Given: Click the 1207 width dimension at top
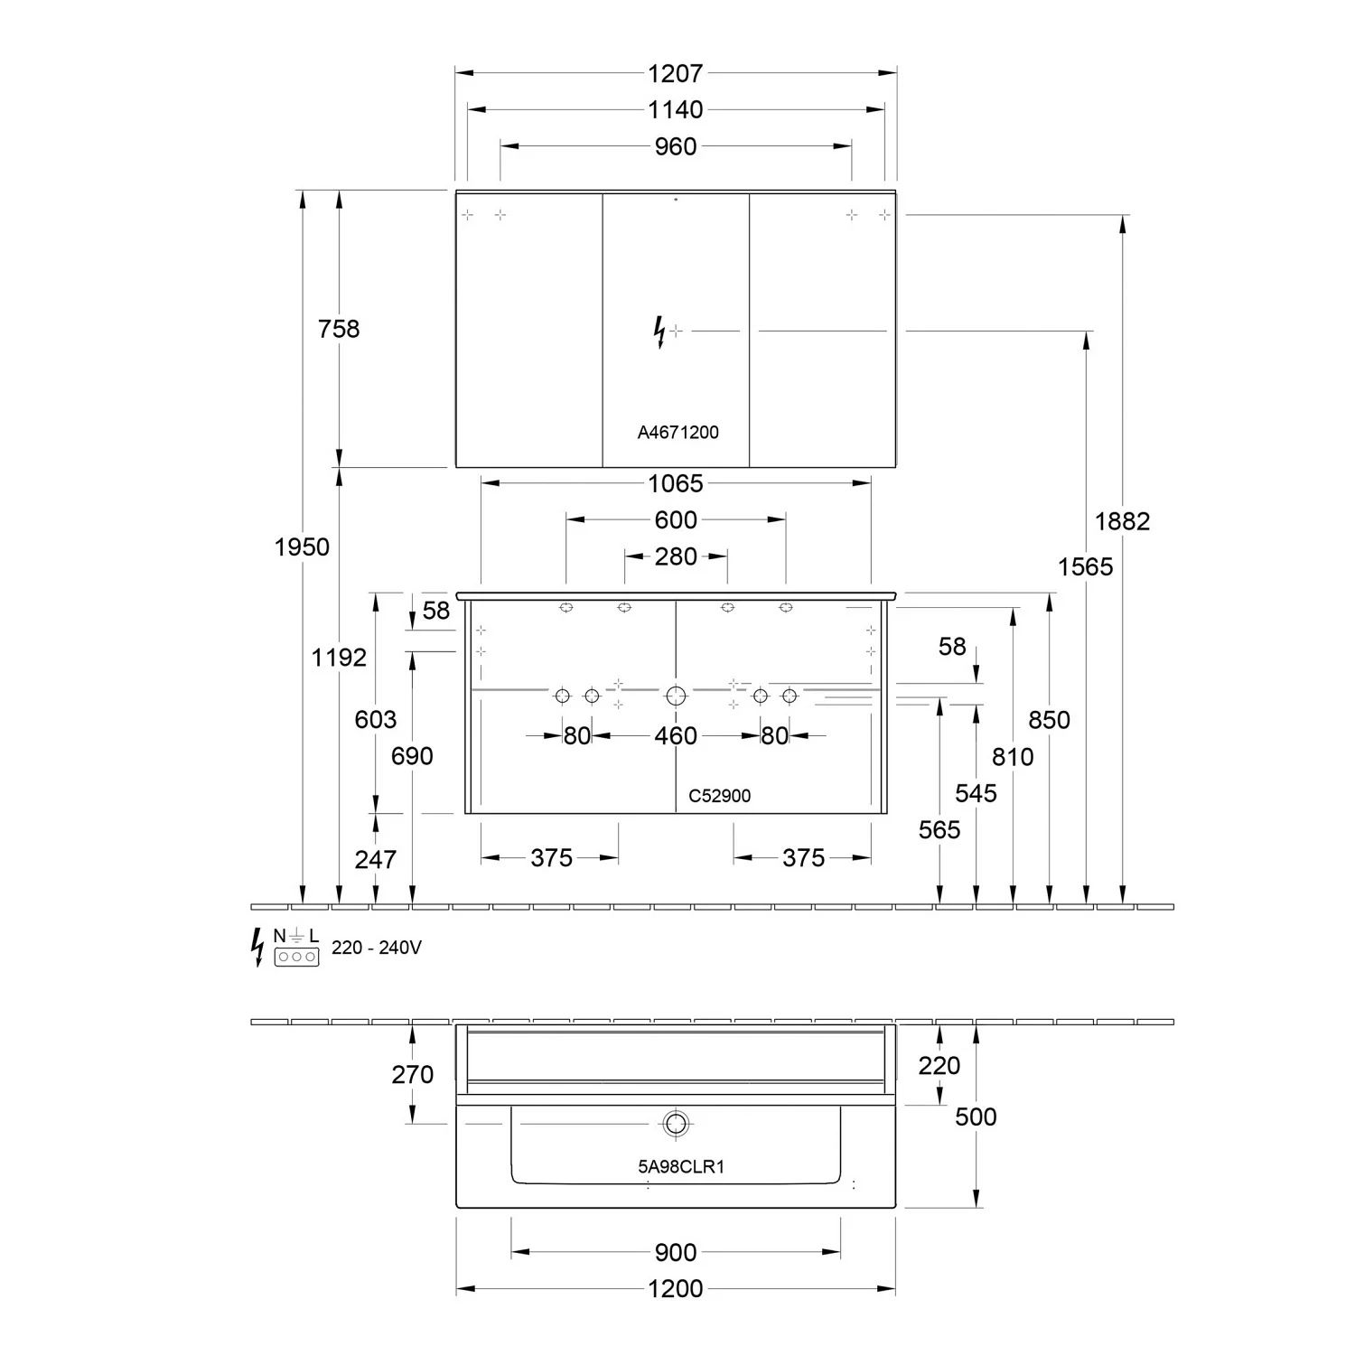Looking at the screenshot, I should point(675,73).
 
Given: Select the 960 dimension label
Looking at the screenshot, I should point(675,146).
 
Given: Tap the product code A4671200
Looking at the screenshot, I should point(677,432).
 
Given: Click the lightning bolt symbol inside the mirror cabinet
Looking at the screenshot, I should point(659,332).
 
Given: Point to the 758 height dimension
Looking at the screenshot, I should point(339,329).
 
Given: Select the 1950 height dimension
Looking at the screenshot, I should point(302,547).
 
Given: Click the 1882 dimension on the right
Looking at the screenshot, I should point(1122,521).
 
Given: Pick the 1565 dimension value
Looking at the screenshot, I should point(1085,566).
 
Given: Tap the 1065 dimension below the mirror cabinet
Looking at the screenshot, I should point(675,483).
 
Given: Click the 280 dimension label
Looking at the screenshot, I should point(676,556).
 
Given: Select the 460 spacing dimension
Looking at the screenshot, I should point(676,736).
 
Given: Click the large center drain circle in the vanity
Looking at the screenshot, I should point(676,696).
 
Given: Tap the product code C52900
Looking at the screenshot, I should point(719,796).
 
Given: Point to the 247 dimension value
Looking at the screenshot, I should point(375,859).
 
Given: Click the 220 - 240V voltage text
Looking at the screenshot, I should point(376,948).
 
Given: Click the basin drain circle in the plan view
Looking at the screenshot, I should point(676,1124).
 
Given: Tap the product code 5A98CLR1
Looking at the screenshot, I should point(681,1166).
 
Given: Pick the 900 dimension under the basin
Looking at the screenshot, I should point(676,1252).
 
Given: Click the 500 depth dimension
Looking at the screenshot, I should point(976,1117).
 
